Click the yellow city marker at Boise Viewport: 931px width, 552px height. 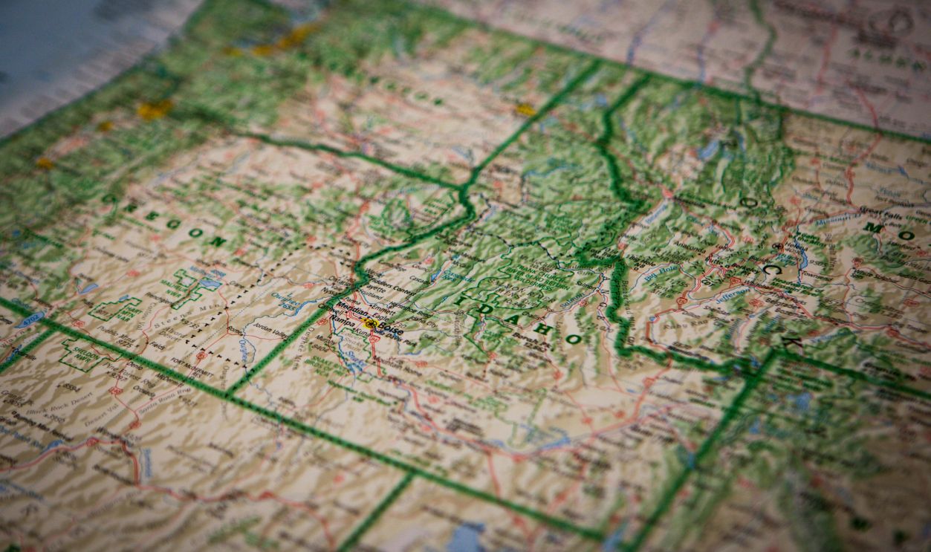coord(369,324)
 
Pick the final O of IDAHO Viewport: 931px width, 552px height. coord(573,339)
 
